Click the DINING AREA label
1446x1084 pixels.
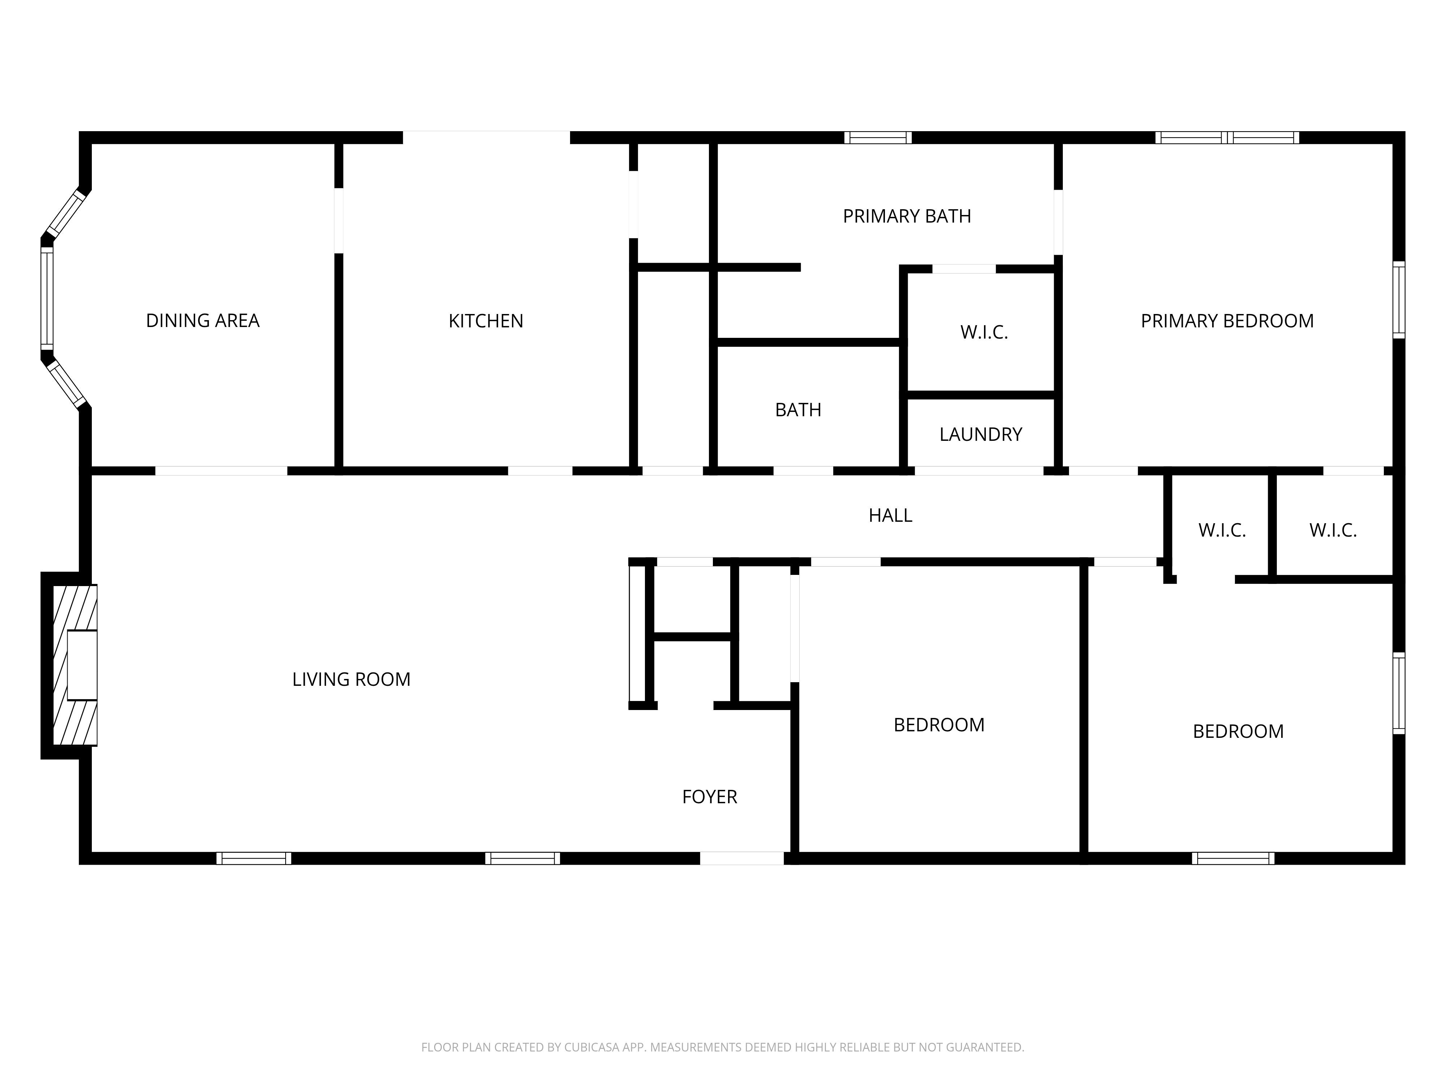pyautogui.click(x=203, y=321)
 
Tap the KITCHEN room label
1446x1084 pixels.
pyautogui.click(x=486, y=321)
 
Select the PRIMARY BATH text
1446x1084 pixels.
pyautogui.click(x=907, y=216)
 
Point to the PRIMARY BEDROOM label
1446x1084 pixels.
pyautogui.click(x=1227, y=321)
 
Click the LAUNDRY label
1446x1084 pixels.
pyautogui.click(x=980, y=435)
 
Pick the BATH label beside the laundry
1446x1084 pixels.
pyautogui.click(x=798, y=410)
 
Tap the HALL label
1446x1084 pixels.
pyautogui.click(x=890, y=516)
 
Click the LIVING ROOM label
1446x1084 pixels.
pyautogui.click(x=351, y=680)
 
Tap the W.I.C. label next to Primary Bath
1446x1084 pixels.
pyautogui.click(x=984, y=332)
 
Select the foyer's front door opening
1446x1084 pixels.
pyautogui.click(x=742, y=859)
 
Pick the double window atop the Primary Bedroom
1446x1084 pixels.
pyautogui.click(x=1227, y=137)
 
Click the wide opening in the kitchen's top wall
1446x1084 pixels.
pyautogui.click(x=486, y=137)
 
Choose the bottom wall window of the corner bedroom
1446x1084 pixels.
pyautogui.click(x=1233, y=859)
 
